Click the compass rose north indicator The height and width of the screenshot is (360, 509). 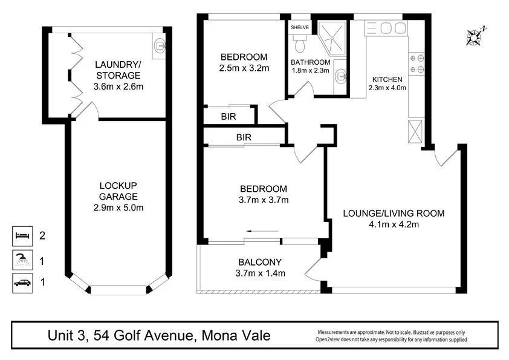476,36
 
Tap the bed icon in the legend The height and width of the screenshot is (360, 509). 22,234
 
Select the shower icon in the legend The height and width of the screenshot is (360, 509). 22,261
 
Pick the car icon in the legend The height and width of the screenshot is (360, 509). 22,282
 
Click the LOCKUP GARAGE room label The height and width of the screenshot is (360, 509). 118,191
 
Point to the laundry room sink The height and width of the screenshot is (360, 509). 159,45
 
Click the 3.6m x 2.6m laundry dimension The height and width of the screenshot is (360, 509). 118,87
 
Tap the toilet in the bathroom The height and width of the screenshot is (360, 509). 299,44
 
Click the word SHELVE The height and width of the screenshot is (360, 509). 300,27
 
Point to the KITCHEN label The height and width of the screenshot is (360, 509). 387,79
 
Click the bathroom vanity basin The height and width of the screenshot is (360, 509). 340,74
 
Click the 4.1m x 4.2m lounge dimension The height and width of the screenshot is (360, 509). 394,224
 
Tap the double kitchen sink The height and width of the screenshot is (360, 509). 393,28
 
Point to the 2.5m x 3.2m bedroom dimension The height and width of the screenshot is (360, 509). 244,68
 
